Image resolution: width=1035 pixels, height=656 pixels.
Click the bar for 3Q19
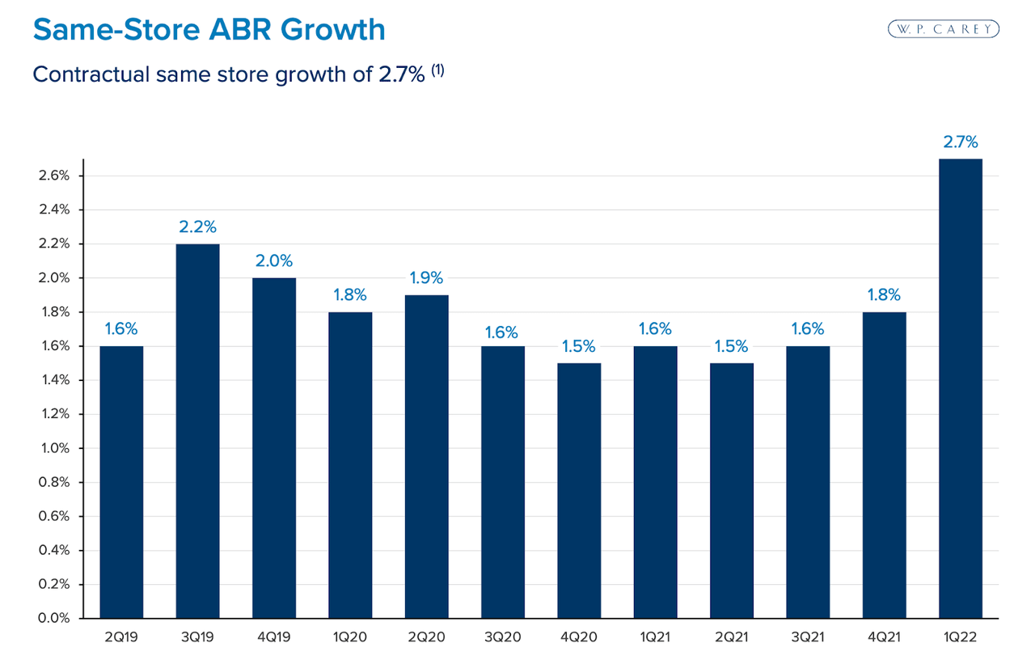click(197, 431)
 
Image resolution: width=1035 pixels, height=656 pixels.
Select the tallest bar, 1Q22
click(961, 388)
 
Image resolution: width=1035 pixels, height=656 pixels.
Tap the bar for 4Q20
click(579, 491)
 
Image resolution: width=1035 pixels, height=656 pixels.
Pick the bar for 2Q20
click(426, 457)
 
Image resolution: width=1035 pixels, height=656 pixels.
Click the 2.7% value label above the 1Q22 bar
click(961, 142)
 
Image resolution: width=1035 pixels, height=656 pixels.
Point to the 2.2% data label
click(197, 227)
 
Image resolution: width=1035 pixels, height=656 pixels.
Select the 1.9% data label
click(426, 278)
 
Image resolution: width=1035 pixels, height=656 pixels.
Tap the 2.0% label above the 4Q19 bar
click(273, 261)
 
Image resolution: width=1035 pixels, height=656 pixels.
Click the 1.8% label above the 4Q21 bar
click(884, 295)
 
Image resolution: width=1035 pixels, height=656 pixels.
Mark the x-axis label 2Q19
click(121, 637)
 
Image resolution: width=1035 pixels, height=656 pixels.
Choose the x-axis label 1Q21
click(655, 637)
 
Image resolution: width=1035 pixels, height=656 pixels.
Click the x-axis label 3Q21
click(808, 637)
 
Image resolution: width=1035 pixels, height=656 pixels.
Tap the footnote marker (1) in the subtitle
click(437, 70)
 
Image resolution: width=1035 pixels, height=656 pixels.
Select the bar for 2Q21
click(732, 491)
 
